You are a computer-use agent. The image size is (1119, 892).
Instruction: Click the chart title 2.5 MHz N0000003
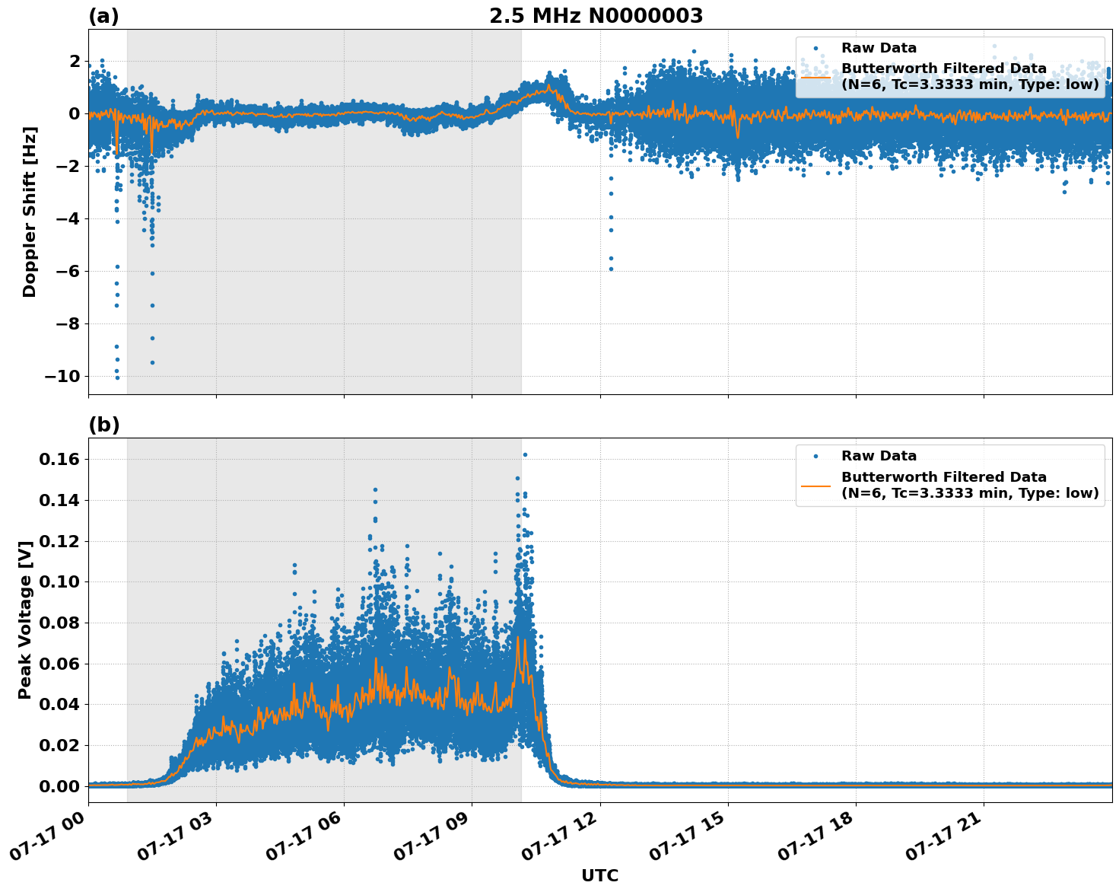point(596,16)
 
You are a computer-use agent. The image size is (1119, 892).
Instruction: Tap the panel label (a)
point(103,16)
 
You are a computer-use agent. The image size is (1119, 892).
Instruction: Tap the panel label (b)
point(103,425)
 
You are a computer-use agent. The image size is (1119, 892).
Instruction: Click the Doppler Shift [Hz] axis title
point(30,212)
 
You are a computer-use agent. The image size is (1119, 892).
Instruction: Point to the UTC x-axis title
point(599,875)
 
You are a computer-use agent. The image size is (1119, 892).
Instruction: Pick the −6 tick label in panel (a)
point(68,272)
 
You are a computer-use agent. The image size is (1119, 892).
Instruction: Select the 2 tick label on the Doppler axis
point(75,61)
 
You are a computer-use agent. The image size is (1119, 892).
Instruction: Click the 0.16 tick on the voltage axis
point(59,460)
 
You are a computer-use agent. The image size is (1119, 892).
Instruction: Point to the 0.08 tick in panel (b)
point(59,623)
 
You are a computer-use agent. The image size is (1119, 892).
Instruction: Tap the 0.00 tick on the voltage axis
point(59,786)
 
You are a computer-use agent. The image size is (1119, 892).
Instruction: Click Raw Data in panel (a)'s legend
point(879,48)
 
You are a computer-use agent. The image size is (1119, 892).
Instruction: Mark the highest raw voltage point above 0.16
point(525,454)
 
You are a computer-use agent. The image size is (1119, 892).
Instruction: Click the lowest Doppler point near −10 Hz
point(117,378)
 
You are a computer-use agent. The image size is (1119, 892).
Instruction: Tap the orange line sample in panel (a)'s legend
point(815,76)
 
